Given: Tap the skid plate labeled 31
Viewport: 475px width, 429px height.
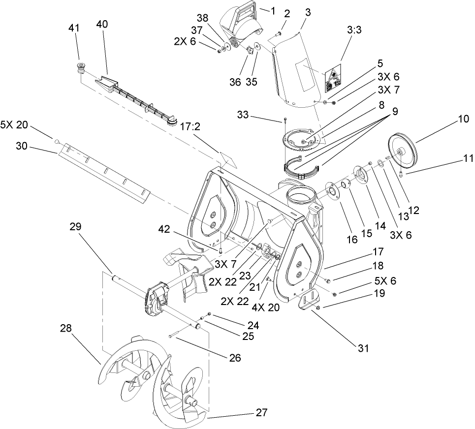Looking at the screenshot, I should (307, 301).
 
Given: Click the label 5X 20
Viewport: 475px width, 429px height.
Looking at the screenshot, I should (14, 125).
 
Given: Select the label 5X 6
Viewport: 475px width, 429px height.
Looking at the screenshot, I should (385, 281).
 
